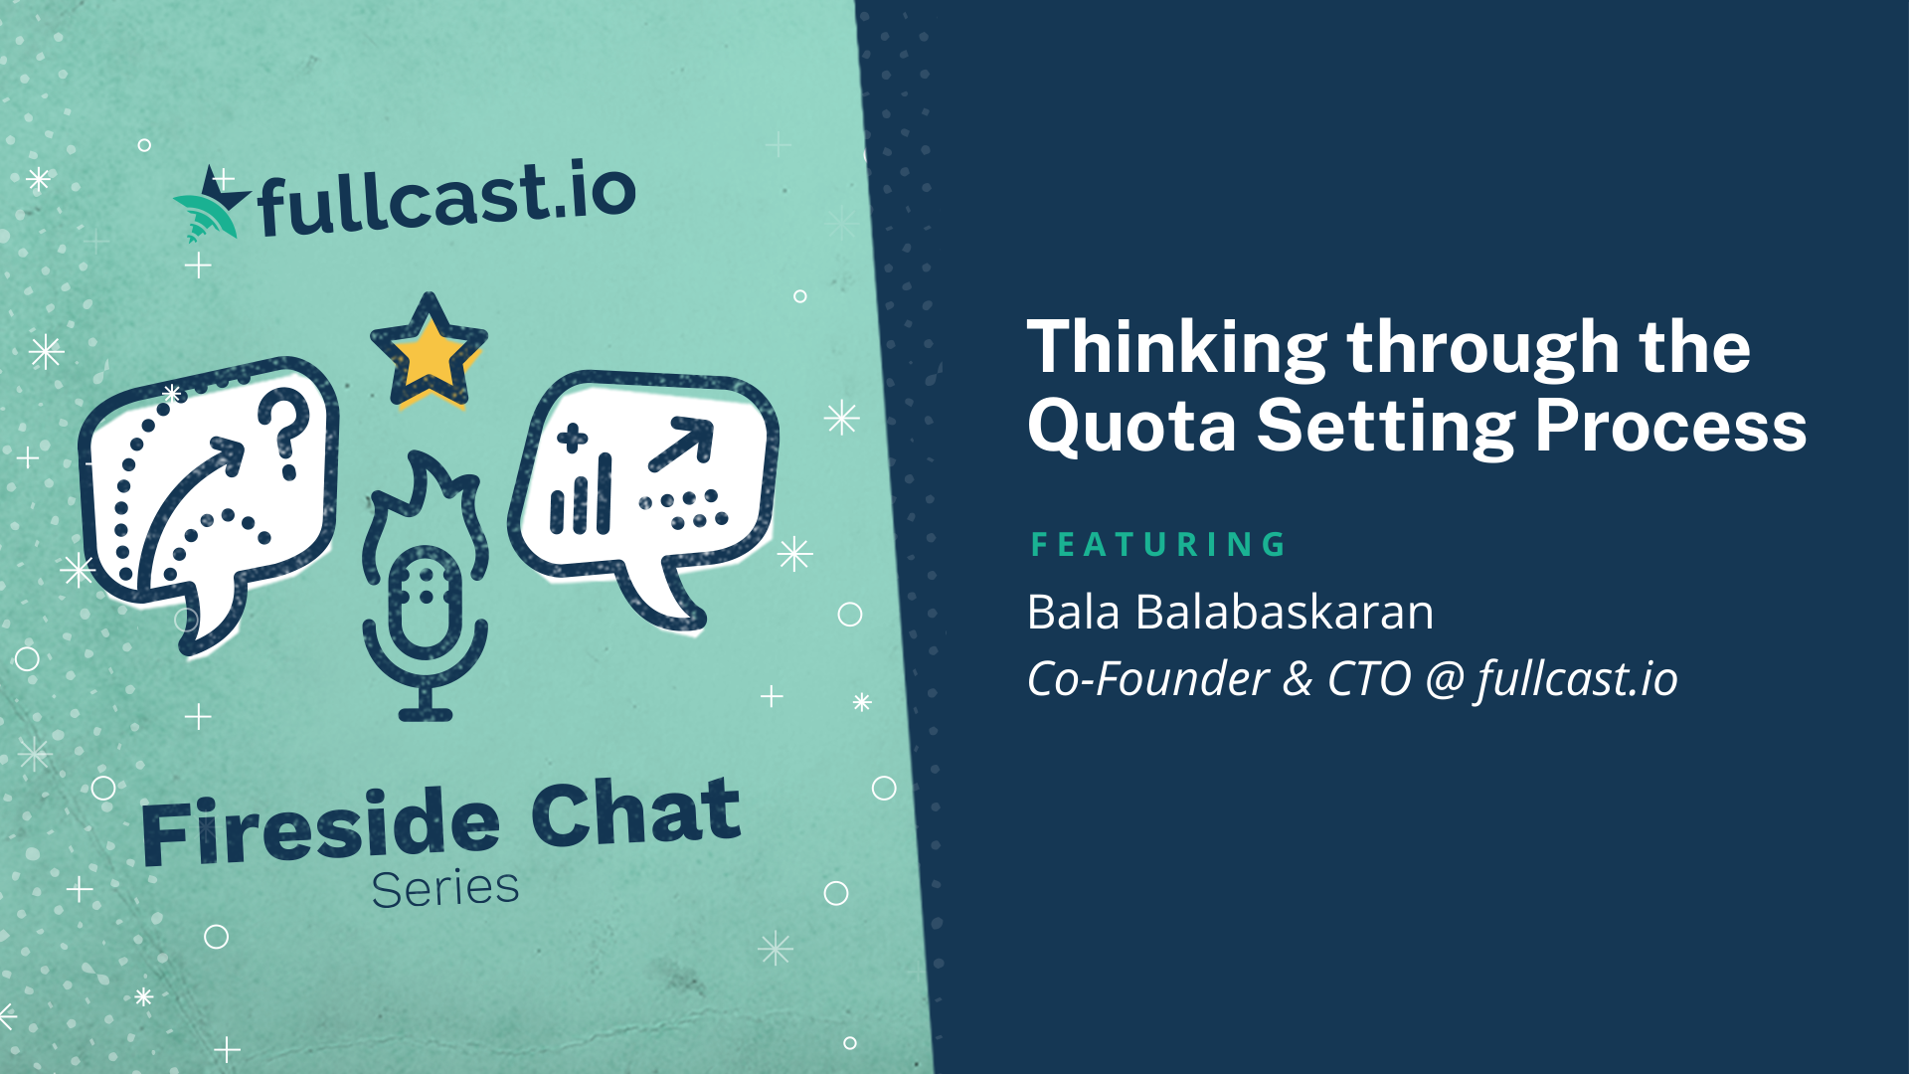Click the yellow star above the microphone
pyautogui.click(x=429, y=350)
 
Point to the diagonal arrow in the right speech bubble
pyautogui.click(x=681, y=444)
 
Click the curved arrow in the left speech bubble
pyautogui.click(x=189, y=507)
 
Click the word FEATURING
pyautogui.click(x=1158, y=545)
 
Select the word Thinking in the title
pyautogui.click(x=1177, y=350)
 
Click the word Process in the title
pyautogui.click(x=1670, y=426)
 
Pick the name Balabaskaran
pyautogui.click(x=1285, y=612)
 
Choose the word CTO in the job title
pyautogui.click(x=1369, y=679)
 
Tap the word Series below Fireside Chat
pyautogui.click(x=445, y=888)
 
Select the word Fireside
pyautogui.click(x=320, y=827)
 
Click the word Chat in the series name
pyautogui.click(x=636, y=813)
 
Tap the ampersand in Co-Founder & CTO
pyautogui.click(x=1298, y=680)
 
